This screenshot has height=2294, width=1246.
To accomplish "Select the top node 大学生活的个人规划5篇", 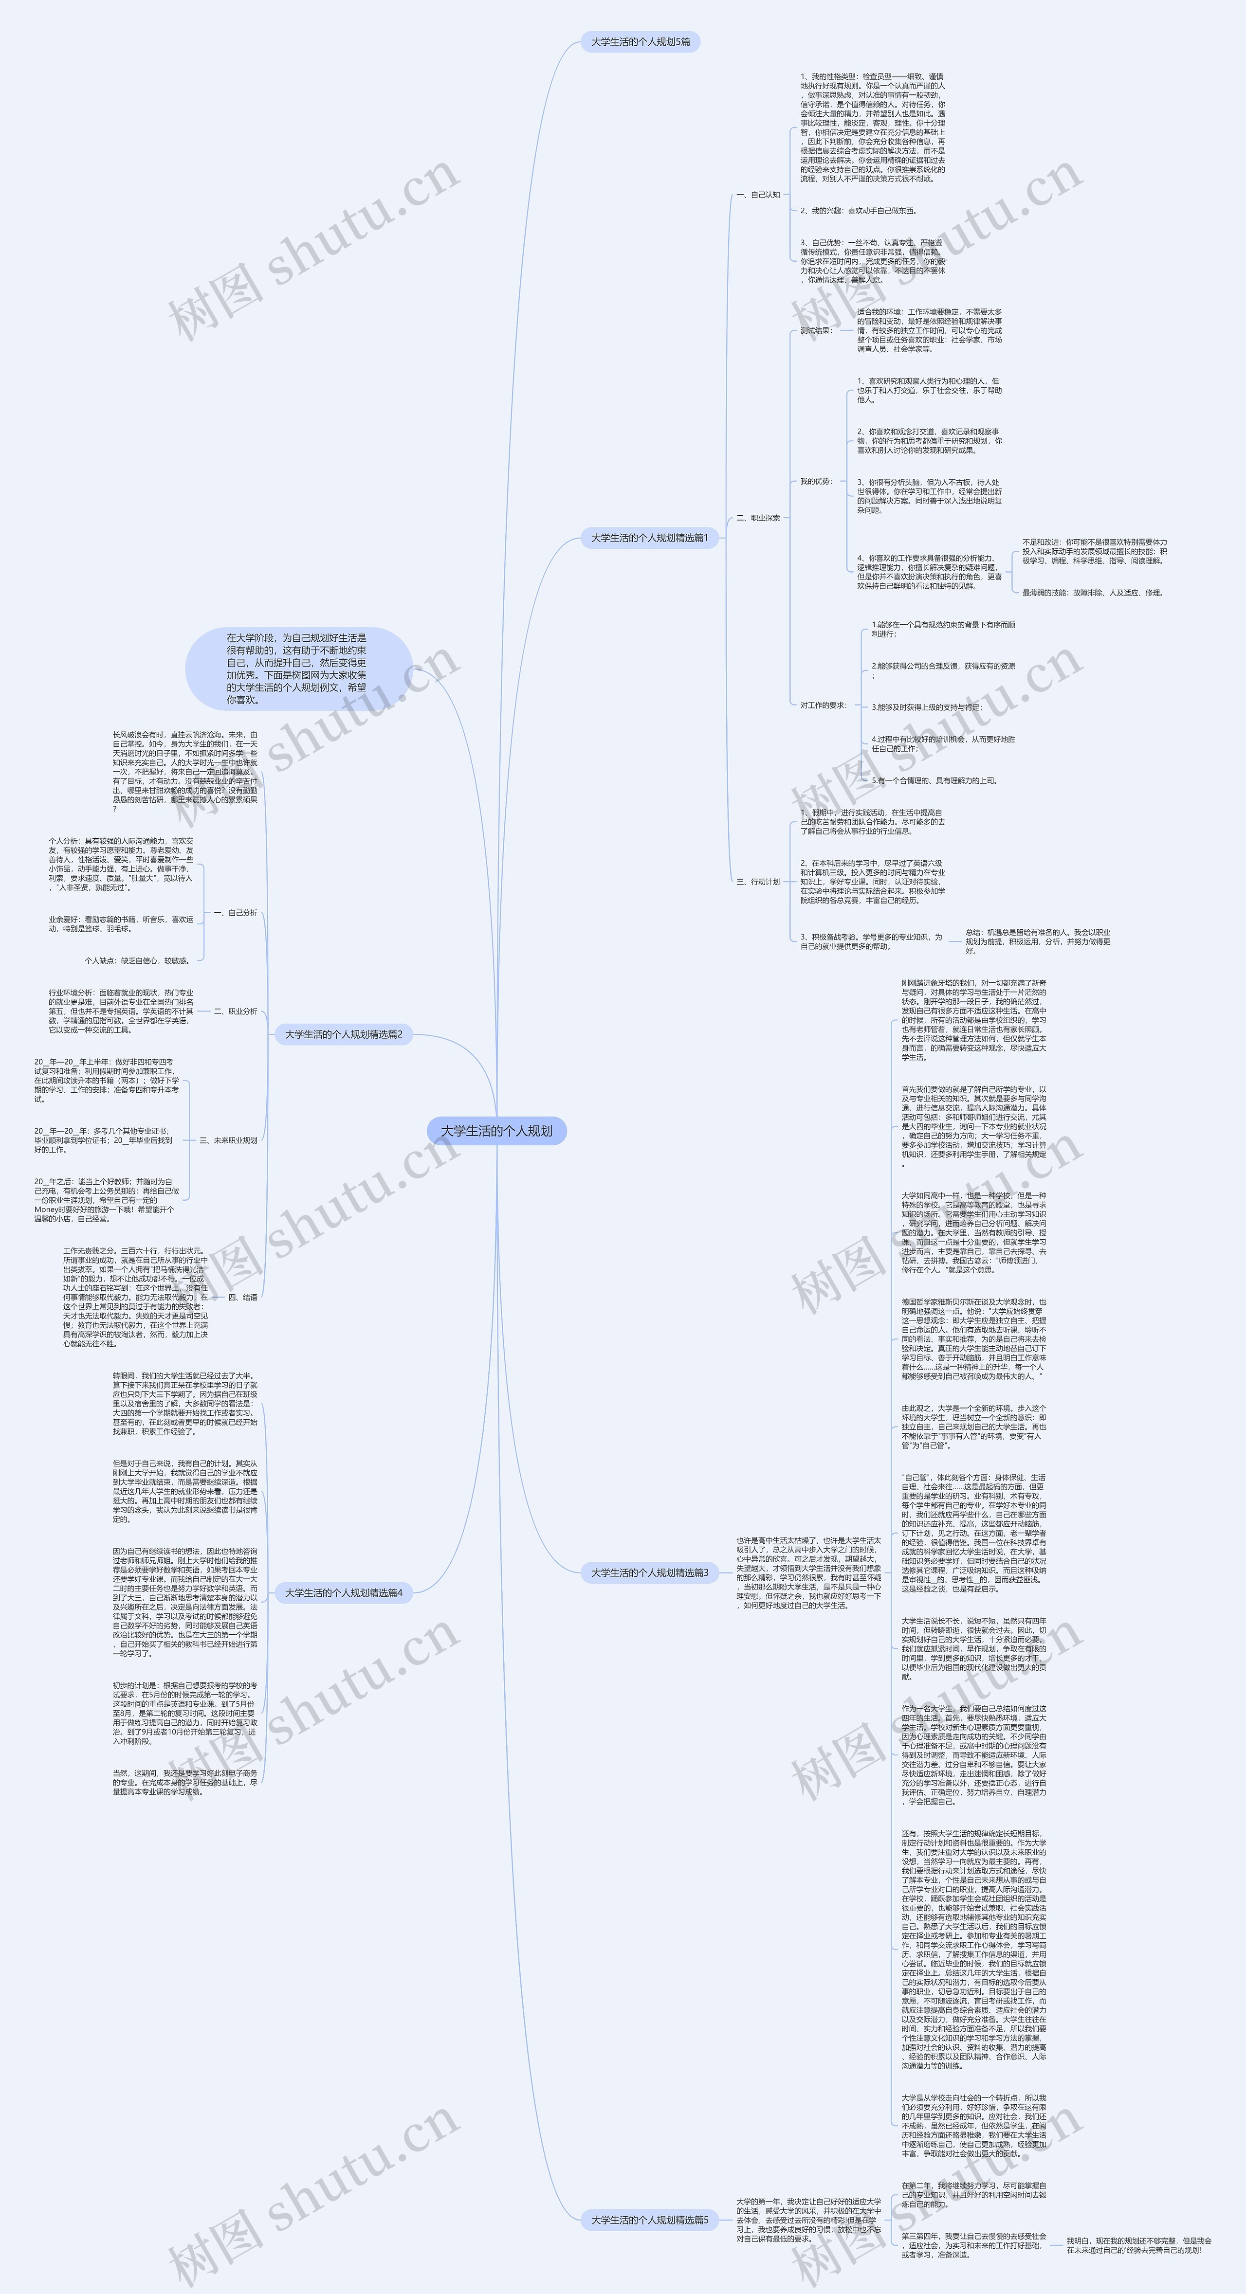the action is coord(641,42).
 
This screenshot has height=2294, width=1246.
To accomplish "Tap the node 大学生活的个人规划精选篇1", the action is coord(649,538).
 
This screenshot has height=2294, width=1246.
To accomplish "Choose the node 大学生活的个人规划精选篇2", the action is coord(343,1034).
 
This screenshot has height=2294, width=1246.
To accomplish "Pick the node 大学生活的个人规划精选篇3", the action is coord(649,1572).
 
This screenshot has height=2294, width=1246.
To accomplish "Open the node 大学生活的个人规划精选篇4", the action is coord(343,1592).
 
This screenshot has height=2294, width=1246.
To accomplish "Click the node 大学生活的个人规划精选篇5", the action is coord(649,2220).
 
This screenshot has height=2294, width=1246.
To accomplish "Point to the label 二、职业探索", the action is coord(758,517).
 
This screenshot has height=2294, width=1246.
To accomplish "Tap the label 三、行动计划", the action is coord(758,882).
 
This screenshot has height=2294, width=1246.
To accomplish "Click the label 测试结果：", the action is coord(816,330).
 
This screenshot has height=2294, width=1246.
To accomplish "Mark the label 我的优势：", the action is coord(816,481).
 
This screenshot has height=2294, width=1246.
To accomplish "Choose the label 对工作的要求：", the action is coord(823,705).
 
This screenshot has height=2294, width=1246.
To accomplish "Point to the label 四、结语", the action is coord(242,1298).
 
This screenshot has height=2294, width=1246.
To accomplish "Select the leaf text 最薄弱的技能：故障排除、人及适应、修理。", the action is coord(1092,592).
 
